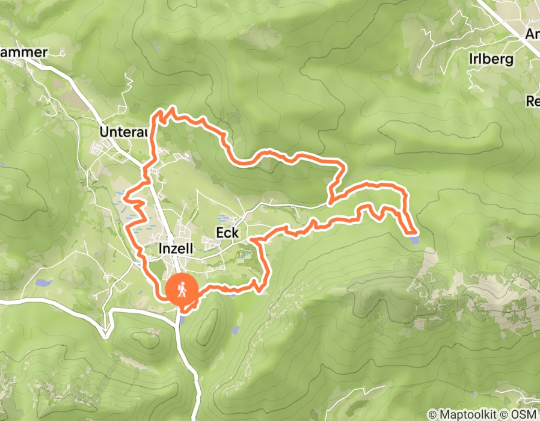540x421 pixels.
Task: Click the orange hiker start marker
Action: pyautogui.click(x=181, y=290)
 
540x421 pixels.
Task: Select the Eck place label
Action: pyautogui.click(x=227, y=233)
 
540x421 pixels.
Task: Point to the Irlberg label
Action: pyautogui.click(x=491, y=59)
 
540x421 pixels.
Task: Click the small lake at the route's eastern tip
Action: pyautogui.click(x=413, y=240)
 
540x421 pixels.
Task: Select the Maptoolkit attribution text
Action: pyautogui.click(x=467, y=414)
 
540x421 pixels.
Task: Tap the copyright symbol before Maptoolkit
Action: pyautogui.click(x=432, y=414)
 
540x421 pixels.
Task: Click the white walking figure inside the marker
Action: pyautogui.click(x=181, y=290)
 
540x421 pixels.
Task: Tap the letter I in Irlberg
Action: pyautogui.click(x=471, y=59)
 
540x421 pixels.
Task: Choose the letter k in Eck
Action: pyautogui.click(x=236, y=233)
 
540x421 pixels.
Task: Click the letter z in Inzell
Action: pyautogui.click(x=174, y=248)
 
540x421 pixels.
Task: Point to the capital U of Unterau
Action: pyautogui.click(x=104, y=132)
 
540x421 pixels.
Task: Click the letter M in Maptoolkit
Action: pyautogui.click(x=443, y=414)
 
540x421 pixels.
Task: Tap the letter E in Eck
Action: pyautogui.click(x=219, y=233)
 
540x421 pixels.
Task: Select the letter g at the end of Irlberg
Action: pyautogui.click(x=510, y=60)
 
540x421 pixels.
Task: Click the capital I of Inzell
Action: pyautogui.click(x=160, y=248)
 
